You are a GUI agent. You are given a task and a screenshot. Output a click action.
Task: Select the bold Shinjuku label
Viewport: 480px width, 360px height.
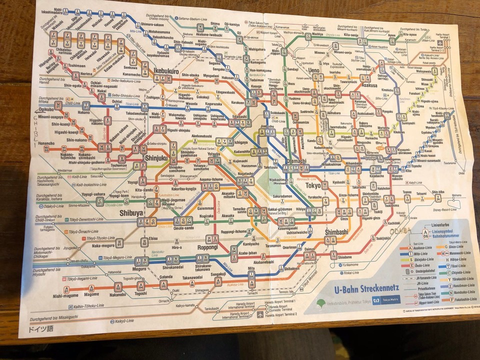tap(156, 158)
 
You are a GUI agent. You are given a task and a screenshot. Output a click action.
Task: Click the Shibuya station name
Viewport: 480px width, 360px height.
tap(117, 212)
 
